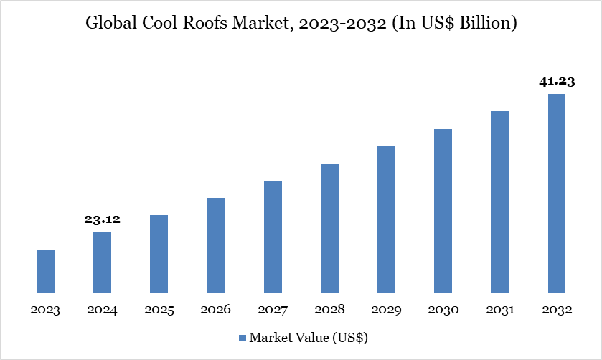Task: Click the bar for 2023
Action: pos(45,271)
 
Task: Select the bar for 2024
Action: pos(102,262)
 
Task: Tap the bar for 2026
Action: pos(216,245)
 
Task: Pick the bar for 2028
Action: pos(329,228)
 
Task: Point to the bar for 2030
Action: pos(443,211)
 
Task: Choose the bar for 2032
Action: pos(557,193)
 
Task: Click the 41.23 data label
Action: pos(557,82)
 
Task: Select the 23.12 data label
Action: pos(102,220)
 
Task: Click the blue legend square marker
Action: pos(243,337)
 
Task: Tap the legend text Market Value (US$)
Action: pos(309,337)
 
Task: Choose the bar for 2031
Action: pos(500,202)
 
